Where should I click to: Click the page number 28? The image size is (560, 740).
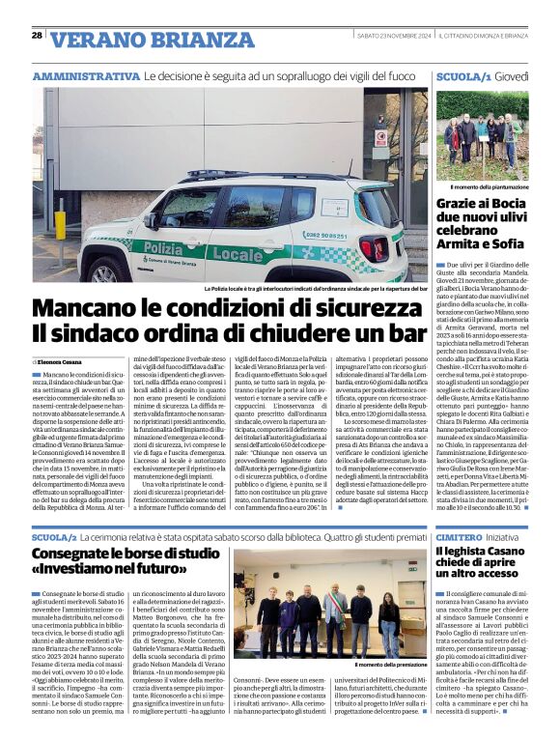click(x=38, y=36)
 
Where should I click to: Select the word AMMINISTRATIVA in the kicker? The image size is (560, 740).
click(x=85, y=75)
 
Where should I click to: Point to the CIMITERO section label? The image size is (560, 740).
click(x=463, y=535)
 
